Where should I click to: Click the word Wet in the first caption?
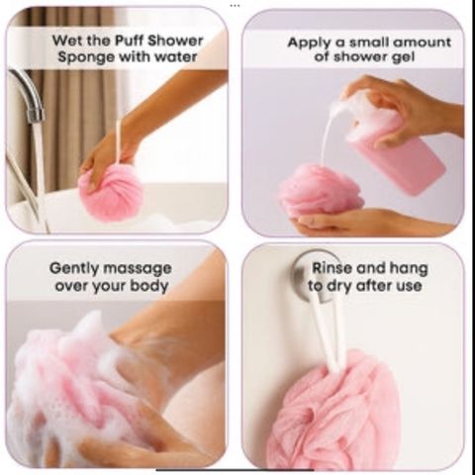65,41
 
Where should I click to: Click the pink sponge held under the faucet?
111,192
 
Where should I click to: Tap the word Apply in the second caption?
309,44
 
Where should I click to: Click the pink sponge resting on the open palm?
321,191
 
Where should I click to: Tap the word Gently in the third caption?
74,269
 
